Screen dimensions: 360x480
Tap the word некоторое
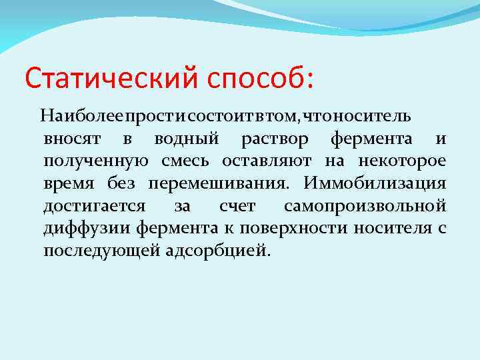402,162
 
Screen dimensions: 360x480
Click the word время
67,185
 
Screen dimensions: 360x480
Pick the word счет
236,207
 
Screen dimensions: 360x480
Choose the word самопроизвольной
365,207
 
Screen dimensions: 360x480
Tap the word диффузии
87,229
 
